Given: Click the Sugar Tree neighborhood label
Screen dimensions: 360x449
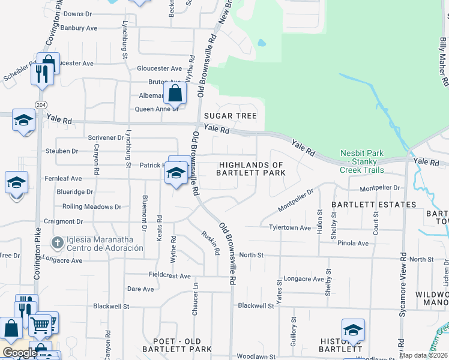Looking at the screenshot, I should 230,116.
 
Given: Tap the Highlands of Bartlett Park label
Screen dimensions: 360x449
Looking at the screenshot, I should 251,169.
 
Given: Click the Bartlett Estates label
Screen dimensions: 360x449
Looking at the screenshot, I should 374,205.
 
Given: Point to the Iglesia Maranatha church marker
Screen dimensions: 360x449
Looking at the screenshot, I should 57,243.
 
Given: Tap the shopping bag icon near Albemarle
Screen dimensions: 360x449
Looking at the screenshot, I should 174,93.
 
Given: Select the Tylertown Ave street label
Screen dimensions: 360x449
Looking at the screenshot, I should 290,228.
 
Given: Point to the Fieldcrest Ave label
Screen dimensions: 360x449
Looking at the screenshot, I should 170,275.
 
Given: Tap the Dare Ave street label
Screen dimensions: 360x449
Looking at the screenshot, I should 140,289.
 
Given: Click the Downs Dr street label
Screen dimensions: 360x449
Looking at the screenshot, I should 77,13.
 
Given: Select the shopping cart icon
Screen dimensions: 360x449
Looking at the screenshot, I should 40,325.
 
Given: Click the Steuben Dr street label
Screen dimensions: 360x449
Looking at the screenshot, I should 62,151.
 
